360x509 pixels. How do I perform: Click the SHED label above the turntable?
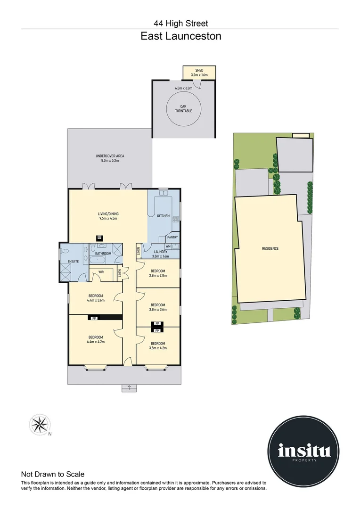coord(199,72)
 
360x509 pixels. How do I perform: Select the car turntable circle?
coord(184,109)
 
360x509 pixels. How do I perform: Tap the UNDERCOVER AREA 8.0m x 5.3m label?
coord(110,158)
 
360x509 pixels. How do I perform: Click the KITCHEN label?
coord(163,216)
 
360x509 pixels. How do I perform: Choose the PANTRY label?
coord(172,238)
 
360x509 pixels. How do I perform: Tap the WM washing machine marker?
coord(168,246)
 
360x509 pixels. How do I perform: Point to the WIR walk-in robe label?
coord(101,272)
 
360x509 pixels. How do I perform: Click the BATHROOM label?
coord(103,254)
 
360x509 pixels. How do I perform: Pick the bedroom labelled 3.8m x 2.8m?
coord(157,273)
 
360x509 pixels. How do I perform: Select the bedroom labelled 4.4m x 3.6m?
coord(96,298)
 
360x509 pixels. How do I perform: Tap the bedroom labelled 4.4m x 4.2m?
coord(96,339)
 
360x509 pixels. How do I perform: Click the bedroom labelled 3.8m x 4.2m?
coord(157,345)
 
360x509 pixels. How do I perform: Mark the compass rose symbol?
coord(39,424)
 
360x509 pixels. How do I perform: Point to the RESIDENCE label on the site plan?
coord(270,248)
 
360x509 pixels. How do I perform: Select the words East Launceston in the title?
coord(180,36)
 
